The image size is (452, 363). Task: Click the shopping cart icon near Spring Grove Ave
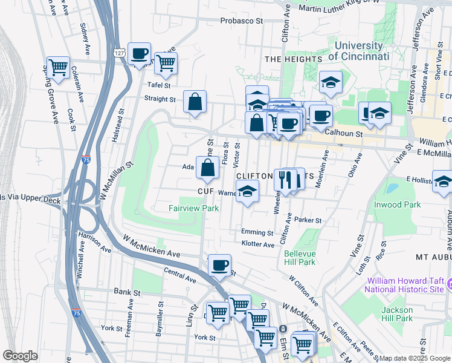pos(58,68)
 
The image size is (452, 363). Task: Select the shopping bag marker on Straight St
pos(195,103)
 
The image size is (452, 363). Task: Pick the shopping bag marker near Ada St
pos(207,168)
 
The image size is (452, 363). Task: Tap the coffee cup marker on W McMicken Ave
pos(219,265)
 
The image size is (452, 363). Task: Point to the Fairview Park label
pos(193,208)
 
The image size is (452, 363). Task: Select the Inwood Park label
pos(396,204)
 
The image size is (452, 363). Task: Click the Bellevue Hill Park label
pos(300,257)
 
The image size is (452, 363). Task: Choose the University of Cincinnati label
pos(358,51)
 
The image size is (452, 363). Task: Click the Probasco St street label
pos(242,21)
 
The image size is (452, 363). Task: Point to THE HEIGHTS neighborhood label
pos(293,59)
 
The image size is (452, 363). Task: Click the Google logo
pos(20,356)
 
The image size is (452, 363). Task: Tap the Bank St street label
pos(127,292)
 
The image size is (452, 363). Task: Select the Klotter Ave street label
pos(258,244)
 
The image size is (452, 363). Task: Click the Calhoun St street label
pos(343,133)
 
